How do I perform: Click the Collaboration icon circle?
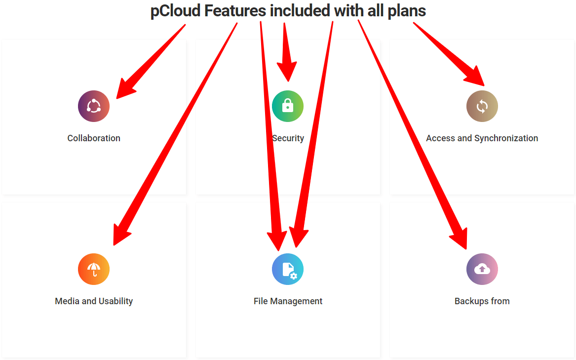click(94, 106)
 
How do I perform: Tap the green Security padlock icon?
click(288, 106)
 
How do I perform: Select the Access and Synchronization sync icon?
click(482, 106)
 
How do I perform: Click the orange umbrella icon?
click(94, 269)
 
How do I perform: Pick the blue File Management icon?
click(288, 269)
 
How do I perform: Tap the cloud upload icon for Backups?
click(482, 269)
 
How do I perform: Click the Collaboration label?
click(94, 138)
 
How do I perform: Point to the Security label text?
click(288, 139)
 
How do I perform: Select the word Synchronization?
click(506, 139)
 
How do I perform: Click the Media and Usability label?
click(94, 302)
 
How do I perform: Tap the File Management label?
click(288, 302)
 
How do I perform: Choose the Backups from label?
click(482, 302)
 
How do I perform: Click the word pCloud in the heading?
click(176, 11)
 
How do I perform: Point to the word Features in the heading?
click(235, 11)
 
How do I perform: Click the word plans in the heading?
click(407, 11)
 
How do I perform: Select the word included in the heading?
click(300, 11)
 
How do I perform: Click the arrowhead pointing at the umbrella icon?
click(120, 236)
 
